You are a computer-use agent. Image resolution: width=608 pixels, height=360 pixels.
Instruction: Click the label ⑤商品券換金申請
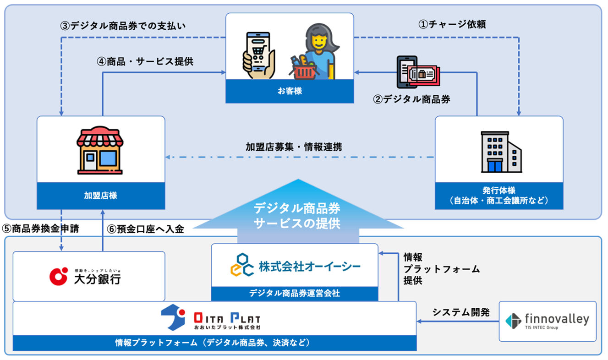coord(41,229)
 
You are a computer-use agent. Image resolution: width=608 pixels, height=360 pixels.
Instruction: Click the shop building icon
coord(100,151)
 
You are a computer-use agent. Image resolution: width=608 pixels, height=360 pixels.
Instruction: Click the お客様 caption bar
coord(290,91)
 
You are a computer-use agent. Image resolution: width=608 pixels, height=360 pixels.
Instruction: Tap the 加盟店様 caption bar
coord(100,196)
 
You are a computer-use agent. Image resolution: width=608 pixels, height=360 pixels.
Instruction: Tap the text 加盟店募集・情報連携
coord(294,147)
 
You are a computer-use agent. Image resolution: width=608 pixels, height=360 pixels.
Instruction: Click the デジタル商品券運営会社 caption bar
coord(295,293)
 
